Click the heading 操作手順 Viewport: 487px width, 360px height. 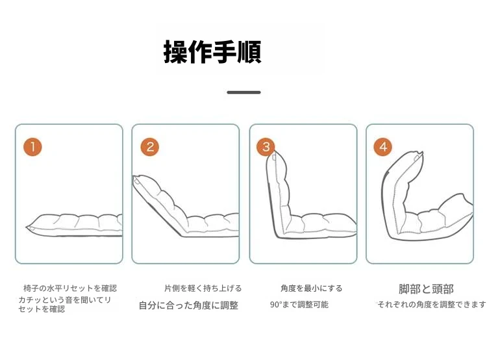pyautogui.click(x=212, y=51)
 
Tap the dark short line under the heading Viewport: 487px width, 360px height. pyautogui.click(x=243, y=92)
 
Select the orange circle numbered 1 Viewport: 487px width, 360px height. pyautogui.click(x=32, y=147)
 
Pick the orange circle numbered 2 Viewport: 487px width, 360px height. pyautogui.click(x=150, y=147)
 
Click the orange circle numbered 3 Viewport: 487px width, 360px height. pyautogui.click(x=266, y=147)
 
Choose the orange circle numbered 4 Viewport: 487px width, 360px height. pyautogui.click(x=382, y=147)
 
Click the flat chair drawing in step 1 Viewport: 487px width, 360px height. pyautogui.click(x=74, y=225)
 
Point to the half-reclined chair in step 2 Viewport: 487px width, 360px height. pyautogui.click(x=186, y=207)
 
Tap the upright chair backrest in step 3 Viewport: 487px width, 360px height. pyautogui.click(x=279, y=193)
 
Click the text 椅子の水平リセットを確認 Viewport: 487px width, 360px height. pyautogui.click(x=70, y=288)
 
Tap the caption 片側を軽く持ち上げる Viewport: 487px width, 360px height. pyautogui.click(x=203, y=288)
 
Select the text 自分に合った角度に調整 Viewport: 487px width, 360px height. pyautogui.click(x=188, y=305)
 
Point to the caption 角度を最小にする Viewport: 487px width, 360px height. pyautogui.click(x=311, y=288)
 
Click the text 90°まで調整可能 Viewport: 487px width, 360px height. pyautogui.click(x=299, y=304)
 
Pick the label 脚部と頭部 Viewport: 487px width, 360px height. pyautogui.click(x=426, y=289)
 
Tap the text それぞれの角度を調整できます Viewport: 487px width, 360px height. pyautogui.click(x=432, y=304)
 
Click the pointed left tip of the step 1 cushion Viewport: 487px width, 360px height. pyautogui.click(x=27, y=227)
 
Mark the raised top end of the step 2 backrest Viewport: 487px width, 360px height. pyautogui.click(x=136, y=178)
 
